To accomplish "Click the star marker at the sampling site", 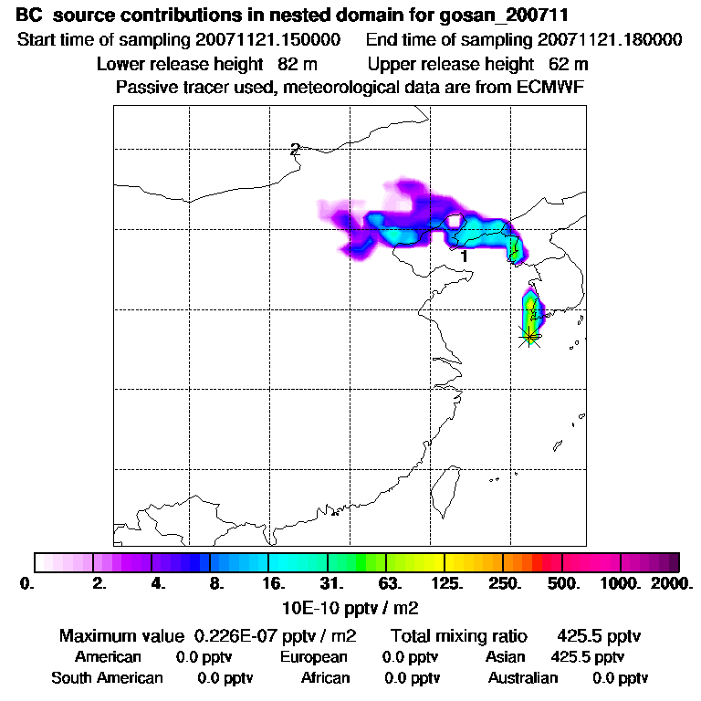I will click(529, 334).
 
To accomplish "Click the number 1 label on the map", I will click(465, 256).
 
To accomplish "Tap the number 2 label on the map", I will click(295, 150).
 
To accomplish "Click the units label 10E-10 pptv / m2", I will click(352, 607).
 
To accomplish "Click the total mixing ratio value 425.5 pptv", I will click(592, 635).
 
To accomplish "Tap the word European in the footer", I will click(313, 656).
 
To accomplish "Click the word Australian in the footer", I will click(522, 677).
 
